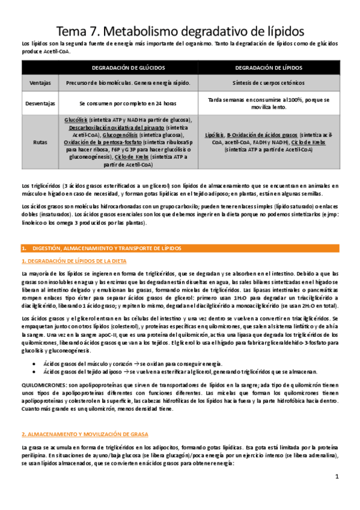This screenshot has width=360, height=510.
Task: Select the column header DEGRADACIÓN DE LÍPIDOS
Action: pyautogui.click(x=269, y=68)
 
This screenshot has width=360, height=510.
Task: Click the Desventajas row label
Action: pyautogui.click(x=39, y=103)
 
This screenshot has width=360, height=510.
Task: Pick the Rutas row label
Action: pyautogui.click(x=39, y=142)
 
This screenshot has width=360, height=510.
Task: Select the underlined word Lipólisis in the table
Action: pyautogui.click(x=214, y=136)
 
